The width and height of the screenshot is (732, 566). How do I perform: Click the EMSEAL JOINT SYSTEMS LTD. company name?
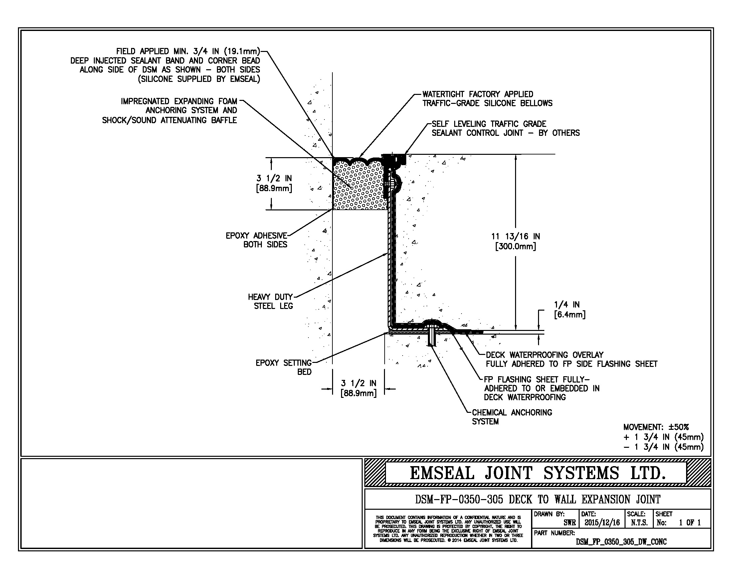click(x=537, y=473)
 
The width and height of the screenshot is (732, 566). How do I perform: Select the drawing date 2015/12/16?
click(x=602, y=522)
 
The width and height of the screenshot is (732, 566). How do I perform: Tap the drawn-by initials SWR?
click(x=569, y=522)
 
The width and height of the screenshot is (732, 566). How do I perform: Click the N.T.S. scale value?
click(x=639, y=522)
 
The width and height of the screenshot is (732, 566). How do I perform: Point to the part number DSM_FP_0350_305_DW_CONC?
click(x=621, y=542)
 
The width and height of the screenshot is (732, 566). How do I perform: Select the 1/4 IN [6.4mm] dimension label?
click(x=569, y=310)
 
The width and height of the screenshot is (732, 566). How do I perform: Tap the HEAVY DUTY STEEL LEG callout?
click(x=270, y=301)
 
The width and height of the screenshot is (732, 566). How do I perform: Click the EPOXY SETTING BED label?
click(x=283, y=367)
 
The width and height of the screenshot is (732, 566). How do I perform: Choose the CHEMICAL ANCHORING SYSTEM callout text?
click(x=512, y=417)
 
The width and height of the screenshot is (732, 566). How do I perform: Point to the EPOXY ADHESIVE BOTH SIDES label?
click(x=257, y=240)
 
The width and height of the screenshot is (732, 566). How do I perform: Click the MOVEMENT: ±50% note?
click(x=656, y=427)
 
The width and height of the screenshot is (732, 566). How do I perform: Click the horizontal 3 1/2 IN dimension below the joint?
click(x=359, y=388)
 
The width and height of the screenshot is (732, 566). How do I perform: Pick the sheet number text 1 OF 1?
click(x=689, y=522)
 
